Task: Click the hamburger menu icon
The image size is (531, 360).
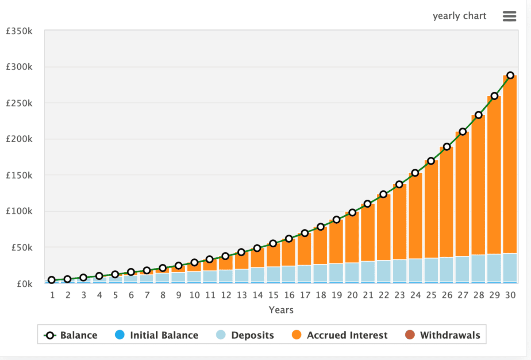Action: pyautogui.click(x=509, y=16)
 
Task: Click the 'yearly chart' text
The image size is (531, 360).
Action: pyautogui.click(x=459, y=16)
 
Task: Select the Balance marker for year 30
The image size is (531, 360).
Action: pyautogui.click(x=510, y=75)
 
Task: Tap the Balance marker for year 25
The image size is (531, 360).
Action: pyautogui.click(x=431, y=161)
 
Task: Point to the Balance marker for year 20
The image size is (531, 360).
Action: pyautogui.click(x=352, y=212)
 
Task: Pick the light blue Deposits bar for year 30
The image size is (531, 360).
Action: pyautogui.click(x=510, y=268)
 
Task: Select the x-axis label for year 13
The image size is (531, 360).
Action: pyautogui.click(x=242, y=295)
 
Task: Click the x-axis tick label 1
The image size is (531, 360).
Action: pyautogui.click(x=52, y=295)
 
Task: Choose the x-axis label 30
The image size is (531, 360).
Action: pyautogui.click(x=510, y=295)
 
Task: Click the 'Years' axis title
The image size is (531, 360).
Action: pyautogui.click(x=281, y=310)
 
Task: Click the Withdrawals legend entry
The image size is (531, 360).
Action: pyautogui.click(x=442, y=335)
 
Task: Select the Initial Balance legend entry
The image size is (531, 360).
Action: pyautogui.click(x=157, y=335)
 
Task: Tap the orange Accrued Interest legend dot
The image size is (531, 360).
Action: pyautogui.click(x=297, y=335)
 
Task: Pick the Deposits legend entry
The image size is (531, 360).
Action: pyautogui.click(x=245, y=335)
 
